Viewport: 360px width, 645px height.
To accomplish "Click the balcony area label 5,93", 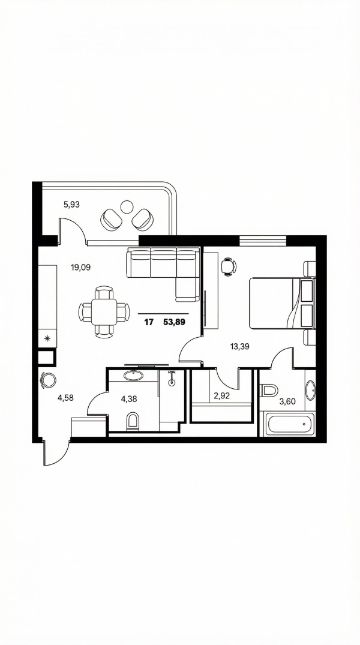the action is pyautogui.click(x=71, y=204).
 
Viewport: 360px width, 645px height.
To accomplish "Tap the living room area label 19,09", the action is pyautogui.click(x=80, y=267).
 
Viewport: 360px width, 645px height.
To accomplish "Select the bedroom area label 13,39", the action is pyautogui.click(x=240, y=346).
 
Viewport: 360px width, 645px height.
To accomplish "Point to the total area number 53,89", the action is pyautogui.click(x=174, y=322).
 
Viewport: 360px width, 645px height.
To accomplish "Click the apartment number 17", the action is pyautogui.click(x=149, y=322).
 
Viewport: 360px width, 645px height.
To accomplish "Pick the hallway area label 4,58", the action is pyautogui.click(x=66, y=397).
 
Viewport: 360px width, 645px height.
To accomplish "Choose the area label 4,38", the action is pyautogui.click(x=129, y=398).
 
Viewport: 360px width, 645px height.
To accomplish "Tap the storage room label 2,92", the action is pyautogui.click(x=222, y=397).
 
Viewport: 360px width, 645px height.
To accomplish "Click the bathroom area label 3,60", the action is pyautogui.click(x=288, y=402).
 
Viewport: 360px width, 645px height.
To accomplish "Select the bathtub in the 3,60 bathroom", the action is pyautogui.click(x=287, y=424).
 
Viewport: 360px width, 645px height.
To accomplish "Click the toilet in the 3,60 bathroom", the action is pyautogui.click(x=269, y=390).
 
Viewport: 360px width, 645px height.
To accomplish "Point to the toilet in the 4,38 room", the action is pyautogui.click(x=133, y=420).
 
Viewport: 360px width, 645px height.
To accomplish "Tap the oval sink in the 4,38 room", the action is pyautogui.click(x=133, y=375).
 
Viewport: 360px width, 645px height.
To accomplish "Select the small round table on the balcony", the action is pyautogui.click(x=127, y=206).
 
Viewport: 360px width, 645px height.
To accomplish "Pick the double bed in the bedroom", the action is pyautogui.click(x=282, y=303).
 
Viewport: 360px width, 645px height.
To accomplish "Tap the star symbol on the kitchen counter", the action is pyautogui.click(x=48, y=339).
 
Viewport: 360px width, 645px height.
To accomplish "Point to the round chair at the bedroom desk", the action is pyautogui.click(x=228, y=266).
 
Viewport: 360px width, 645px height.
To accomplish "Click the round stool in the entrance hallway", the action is pyautogui.click(x=48, y=381).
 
